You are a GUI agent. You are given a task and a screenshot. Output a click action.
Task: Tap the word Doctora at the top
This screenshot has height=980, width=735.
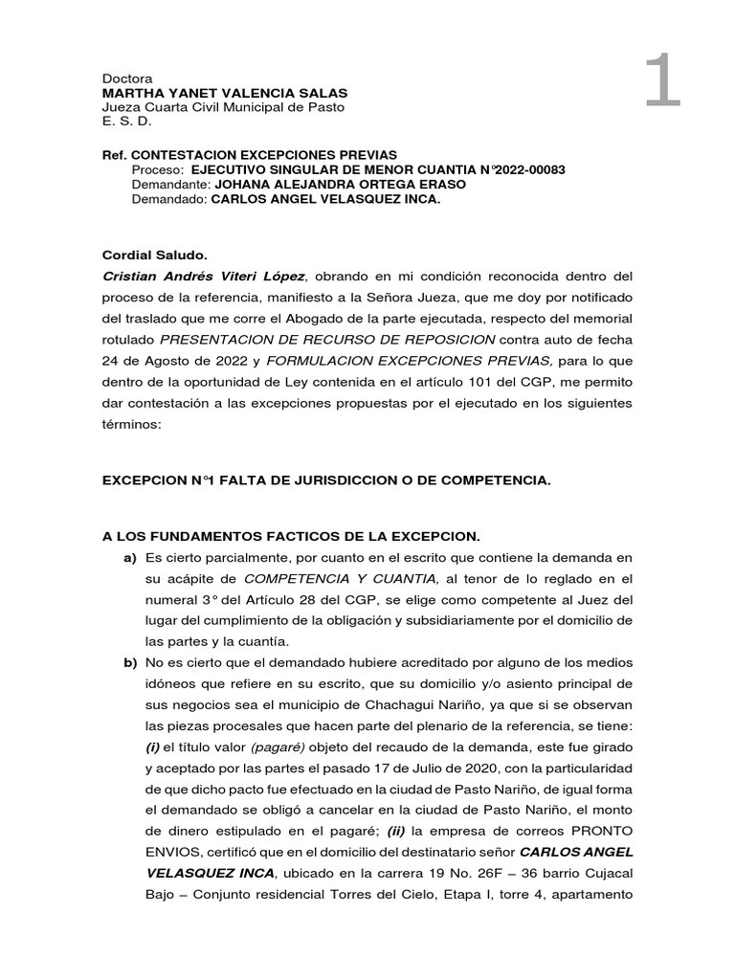pyautogui.click(x=127, y=78)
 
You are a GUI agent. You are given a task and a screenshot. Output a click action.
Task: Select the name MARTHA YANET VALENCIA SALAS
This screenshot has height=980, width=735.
pyautogui.click(x=225, y=93)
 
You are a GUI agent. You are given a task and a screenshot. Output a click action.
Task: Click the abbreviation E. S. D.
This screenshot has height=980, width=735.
pyautogui.click(x=126, y=122)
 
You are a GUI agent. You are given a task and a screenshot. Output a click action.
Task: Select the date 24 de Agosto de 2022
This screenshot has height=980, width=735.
pyautogui.click(x=174, y=360)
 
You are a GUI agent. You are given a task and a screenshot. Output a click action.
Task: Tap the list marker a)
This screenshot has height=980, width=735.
pyautogui.click(x=129, y=557)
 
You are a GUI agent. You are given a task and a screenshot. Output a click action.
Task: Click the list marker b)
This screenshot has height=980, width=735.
pyautogui.click(x=129, y=662)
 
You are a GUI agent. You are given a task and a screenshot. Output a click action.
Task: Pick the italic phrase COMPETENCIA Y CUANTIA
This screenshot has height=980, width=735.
pyautogui.click(x=342, y=578)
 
